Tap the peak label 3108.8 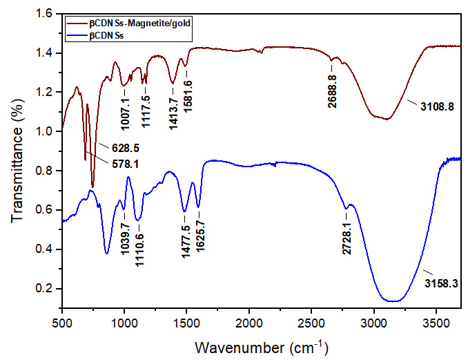(437, 107)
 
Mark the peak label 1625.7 (199, 238)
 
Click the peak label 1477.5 (184, 236)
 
